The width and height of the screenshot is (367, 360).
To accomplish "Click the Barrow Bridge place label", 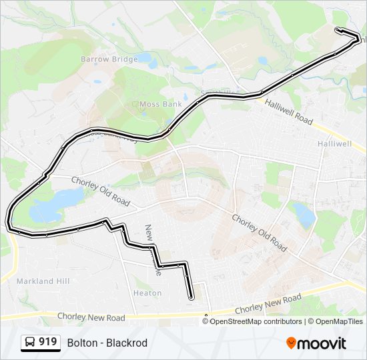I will [x=109, y=59].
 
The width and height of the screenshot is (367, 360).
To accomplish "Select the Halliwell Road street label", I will [x=288, y=111].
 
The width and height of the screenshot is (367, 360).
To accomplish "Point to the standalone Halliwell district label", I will [x=334, y=143].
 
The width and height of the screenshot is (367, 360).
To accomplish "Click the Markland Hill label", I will [x=43, y=281].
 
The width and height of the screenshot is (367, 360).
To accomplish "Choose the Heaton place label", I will [x=147, y=293].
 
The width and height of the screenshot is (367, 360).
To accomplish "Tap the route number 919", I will [x=47, y=342].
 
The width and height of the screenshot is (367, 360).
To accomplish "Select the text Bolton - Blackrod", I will [x=107, y=343].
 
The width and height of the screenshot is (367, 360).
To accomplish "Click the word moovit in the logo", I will [x=322, y=343].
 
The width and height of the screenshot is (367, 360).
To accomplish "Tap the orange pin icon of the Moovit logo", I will [x=292, y=343].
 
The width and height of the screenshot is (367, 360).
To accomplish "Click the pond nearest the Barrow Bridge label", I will [x=148, y=64].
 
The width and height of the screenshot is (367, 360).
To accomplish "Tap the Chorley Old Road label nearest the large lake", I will [x=101, y=190].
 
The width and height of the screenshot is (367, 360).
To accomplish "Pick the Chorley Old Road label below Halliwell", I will [x=259, y=232].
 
